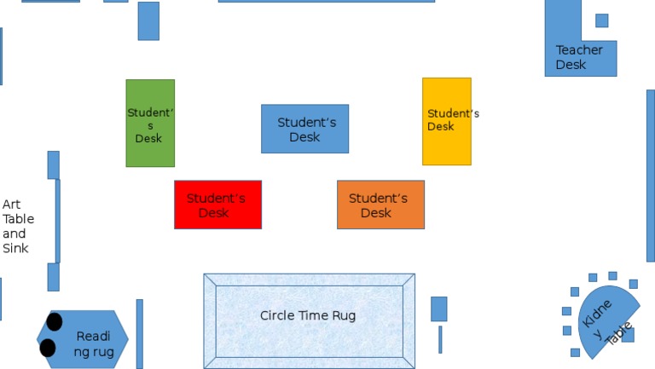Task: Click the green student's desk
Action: [150, 123]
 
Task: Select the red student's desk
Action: [217, 205]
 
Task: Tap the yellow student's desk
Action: [446, 121]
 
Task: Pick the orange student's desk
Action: [380, 205]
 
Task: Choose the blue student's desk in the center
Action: [304, 129]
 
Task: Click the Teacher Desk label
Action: [579, 57]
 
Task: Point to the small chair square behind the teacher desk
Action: [601, 20]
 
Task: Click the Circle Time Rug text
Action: [307, 315]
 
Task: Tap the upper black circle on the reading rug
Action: [55, 321]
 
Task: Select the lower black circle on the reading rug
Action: [48, 348]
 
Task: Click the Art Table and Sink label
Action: [17, 227]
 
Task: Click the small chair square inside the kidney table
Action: [628, 334]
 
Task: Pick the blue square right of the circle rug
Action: [438, 308]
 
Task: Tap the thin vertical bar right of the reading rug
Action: [140, 333]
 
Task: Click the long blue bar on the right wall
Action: [650, 175]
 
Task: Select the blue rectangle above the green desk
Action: [148, 20]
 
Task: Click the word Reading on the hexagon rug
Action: [93, 336]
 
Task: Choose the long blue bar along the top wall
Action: [326, 1]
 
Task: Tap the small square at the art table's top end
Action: [53, 164]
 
